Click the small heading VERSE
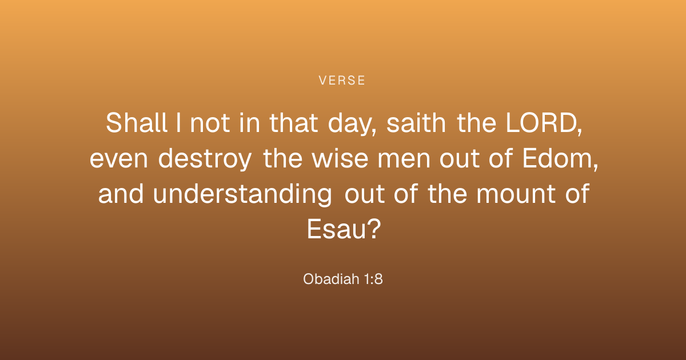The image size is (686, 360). pos(342,81)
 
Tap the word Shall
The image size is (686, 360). pos(136,123)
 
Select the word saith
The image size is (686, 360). pos(416,123)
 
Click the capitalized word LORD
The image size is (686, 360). pos(541,123)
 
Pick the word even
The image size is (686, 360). pos(119,159)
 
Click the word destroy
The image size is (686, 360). pos(205,159)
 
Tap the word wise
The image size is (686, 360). pos(340,158)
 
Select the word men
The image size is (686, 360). pos(404,159)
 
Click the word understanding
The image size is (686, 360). pos(242,194)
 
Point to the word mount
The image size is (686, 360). pos(516,194)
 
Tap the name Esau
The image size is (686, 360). pos(337,229)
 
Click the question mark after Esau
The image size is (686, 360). pos(374,229)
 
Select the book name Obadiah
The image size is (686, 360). pos(331,279)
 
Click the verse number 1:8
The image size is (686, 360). pos(373,279)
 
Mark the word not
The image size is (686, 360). pos(210,123)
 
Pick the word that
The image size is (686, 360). pos(293,123)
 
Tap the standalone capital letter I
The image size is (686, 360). pos(178,123)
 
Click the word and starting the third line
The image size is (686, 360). pos(121,194)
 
